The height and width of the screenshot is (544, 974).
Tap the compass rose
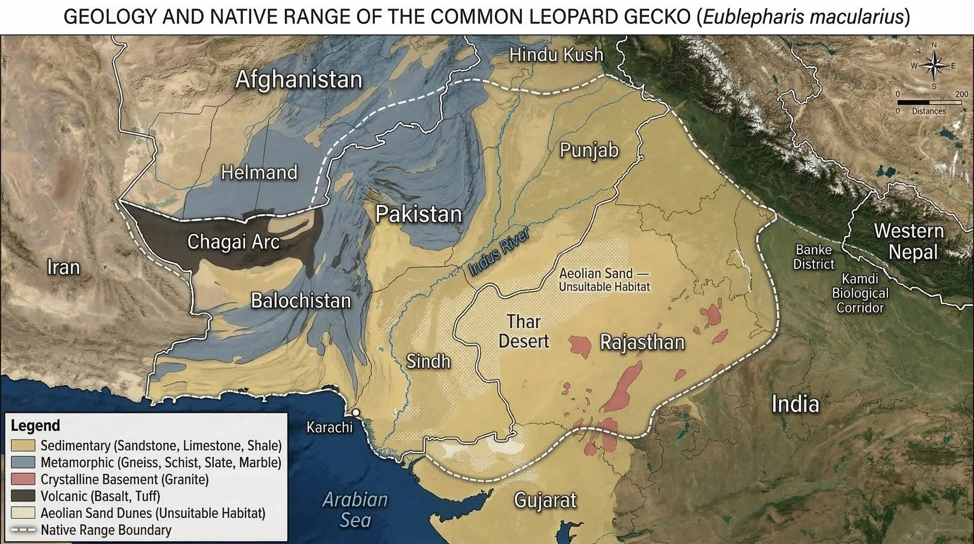click(x=934, y=66)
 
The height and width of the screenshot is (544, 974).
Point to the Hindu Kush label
click(x=556, y=55)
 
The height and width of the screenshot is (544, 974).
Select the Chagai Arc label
click(x=233, y=242)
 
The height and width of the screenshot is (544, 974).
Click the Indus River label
click(x=499, y=252)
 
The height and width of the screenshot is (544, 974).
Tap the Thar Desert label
click(x=524, y=331)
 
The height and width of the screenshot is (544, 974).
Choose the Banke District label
click(x=813, y=257)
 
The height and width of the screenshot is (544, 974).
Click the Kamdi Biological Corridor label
click(x=860, y=293)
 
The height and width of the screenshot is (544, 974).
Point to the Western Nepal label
click(x=909, y=241)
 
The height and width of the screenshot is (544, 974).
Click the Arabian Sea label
click(x=355, y=510)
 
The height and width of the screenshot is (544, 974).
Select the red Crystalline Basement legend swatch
click(x=23, y=479)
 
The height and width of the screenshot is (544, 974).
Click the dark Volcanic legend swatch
click(x=23, y=496)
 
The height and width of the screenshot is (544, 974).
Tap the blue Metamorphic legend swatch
click(x=23, y=462)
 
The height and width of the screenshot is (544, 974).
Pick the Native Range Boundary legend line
click(x=23, y=530)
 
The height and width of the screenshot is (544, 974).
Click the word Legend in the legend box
click(x=35, y=425)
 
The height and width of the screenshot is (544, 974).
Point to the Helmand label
click(x=259, y=172)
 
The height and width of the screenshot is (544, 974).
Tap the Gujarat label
click(x=545, y=500)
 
